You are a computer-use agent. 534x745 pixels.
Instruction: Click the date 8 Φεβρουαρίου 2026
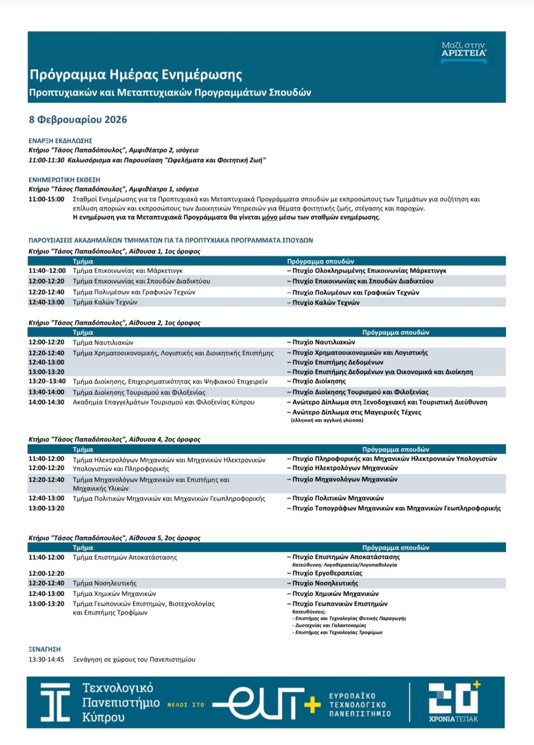tap(78, 120)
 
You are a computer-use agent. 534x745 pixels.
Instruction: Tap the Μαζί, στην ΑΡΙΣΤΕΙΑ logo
tap(464, 49)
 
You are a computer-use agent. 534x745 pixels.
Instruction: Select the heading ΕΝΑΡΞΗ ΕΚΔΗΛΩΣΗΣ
tap(60, 140)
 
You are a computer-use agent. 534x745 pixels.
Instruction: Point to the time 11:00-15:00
tap(46, 199)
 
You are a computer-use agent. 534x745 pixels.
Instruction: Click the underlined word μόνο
tap(270, 217)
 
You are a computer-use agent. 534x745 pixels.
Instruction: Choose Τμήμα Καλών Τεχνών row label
tap(105, 302)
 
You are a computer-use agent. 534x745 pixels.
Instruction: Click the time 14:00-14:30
tap(46, 402)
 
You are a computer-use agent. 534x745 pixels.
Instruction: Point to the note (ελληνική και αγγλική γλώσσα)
tap(327, 420)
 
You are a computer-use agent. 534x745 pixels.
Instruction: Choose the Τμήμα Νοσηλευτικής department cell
tap(105, 583)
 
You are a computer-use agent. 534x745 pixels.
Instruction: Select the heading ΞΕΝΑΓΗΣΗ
tap(45, 649)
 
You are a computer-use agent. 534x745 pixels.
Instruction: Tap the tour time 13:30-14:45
tap(46, 659)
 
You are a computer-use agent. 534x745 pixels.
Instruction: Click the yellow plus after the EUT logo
tap(312, 704)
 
